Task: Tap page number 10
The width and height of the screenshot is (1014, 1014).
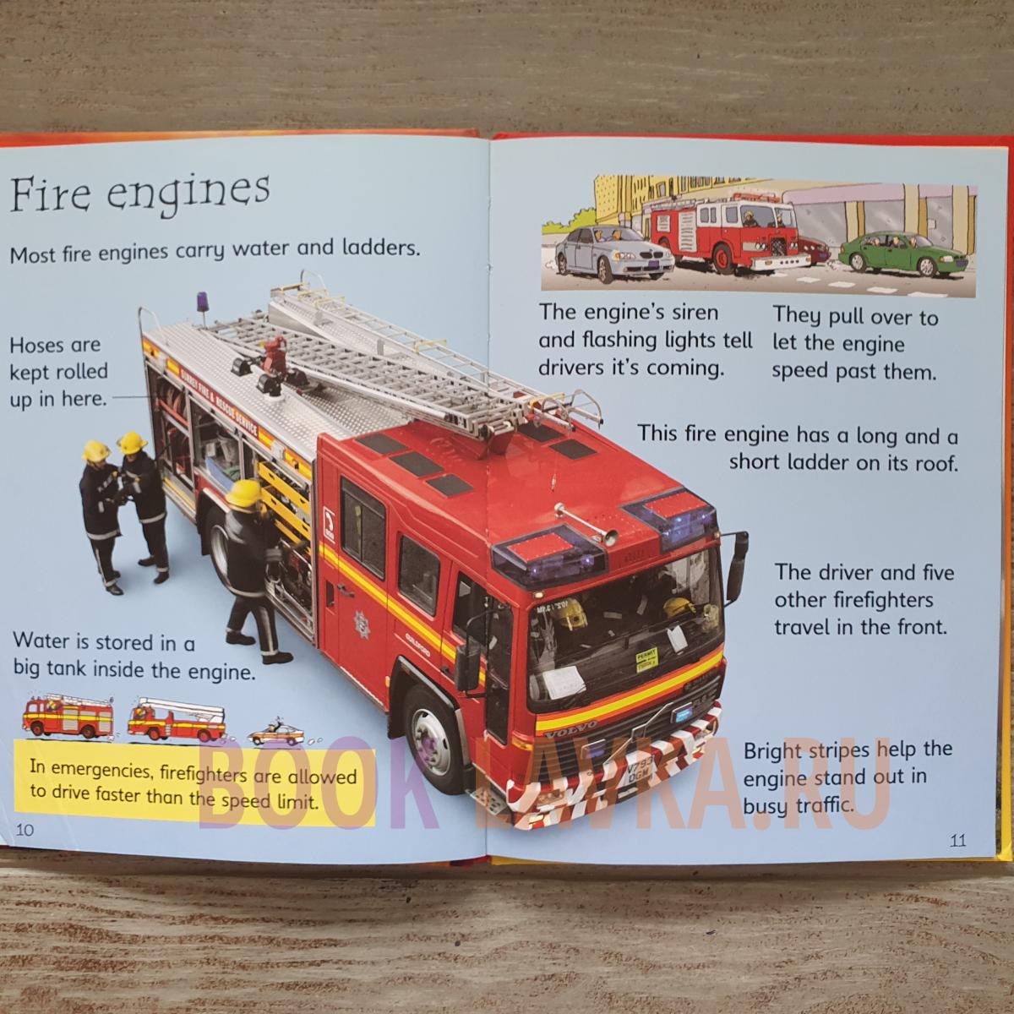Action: point(25,830)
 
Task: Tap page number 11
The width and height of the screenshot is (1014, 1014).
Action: point(957,840)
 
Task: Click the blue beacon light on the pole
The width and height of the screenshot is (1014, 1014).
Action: point(203,302)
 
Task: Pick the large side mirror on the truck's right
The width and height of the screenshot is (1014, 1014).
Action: point(737,567)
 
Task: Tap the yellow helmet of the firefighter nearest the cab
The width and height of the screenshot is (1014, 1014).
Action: point(243,493)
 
